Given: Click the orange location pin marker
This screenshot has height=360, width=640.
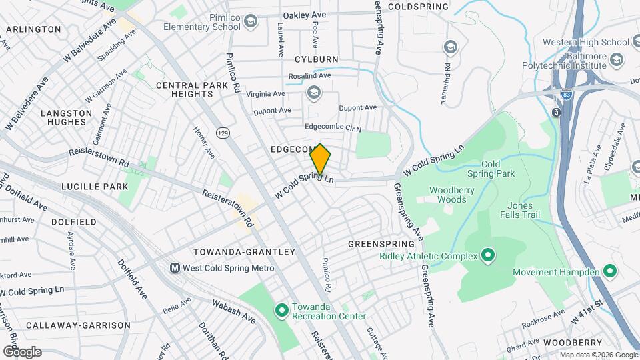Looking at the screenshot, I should [x=321, y=159].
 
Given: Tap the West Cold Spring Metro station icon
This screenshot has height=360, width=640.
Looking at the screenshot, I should [x=175, y=268].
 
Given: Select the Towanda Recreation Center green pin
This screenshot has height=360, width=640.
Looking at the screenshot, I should [x=281, y=309].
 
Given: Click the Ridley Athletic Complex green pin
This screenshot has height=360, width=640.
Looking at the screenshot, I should [x=487, y=255].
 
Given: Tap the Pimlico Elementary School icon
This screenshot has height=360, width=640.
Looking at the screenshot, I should [x=250, y=21].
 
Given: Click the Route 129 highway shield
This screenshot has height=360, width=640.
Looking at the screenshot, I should [x=222, y=133].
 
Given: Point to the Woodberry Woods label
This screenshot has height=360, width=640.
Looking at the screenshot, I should [x=456, y=194].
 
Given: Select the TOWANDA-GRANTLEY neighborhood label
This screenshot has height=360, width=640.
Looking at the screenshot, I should [x=243, y=252].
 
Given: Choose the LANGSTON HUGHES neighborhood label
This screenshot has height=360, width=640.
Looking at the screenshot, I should [x=67, y=117].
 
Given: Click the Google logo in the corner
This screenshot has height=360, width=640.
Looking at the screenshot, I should [x=22, y=351].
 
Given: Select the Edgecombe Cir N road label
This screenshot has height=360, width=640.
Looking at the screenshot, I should [x=332, y=128].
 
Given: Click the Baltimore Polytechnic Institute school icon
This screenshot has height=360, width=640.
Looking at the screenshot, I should [x=617, y=60].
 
